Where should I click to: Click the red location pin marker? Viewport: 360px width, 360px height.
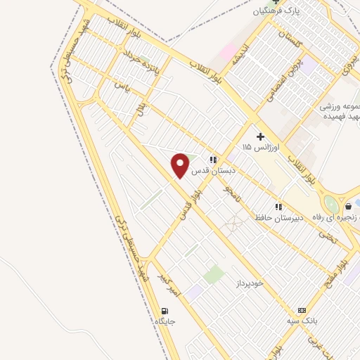(181, 165)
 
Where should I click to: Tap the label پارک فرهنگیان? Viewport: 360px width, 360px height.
(270, 12)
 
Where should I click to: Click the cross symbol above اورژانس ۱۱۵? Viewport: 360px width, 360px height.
(260, 136)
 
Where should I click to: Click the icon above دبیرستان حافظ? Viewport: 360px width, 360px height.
(278, 207)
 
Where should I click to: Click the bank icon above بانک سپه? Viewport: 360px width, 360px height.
(302, 310)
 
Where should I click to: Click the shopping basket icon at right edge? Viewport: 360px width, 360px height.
(349, 207)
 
